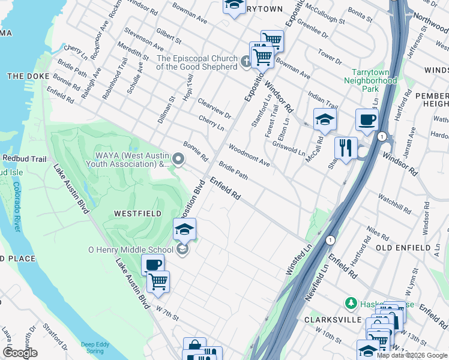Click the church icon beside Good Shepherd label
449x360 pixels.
(x=246, y=61)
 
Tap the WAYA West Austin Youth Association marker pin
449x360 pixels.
(x=178, y=158)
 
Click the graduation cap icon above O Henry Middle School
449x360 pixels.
(x=185, y=229)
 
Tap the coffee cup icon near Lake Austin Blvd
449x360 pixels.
(x=153, y=265)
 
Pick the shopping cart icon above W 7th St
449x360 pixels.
(x=158, y=281)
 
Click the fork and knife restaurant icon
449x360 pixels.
(x=346, y=148)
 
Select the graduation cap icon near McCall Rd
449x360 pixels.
(x=325, y=119)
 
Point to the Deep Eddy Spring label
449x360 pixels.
(x=96, y=348)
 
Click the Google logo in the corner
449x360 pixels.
(x=20, y=353)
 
